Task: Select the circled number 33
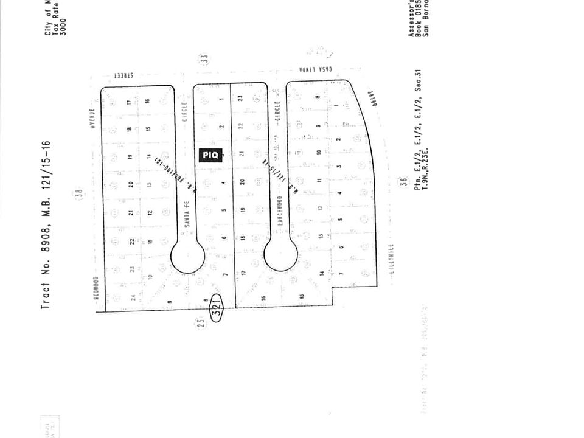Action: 205,59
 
